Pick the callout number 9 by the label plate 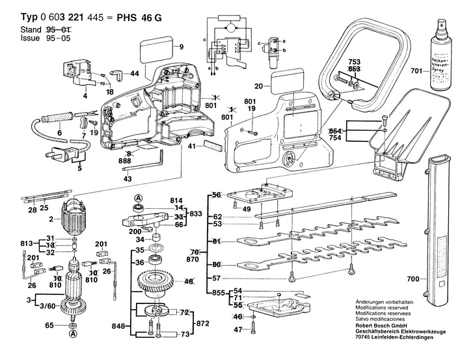182,46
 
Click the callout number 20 258,86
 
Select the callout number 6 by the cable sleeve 59,133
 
